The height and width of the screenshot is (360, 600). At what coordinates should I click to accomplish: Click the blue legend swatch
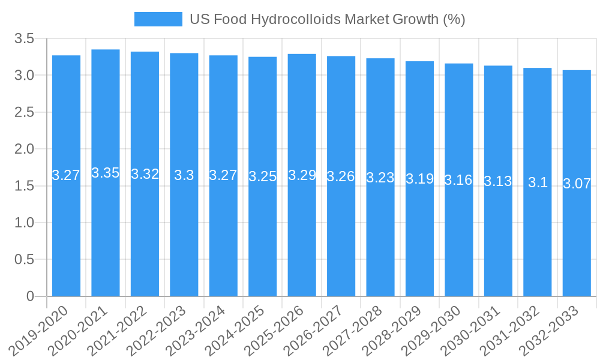[158, 19]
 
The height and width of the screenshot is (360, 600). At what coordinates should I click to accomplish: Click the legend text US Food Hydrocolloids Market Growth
[327, 19]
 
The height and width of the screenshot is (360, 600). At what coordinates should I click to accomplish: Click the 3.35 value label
[106, 173]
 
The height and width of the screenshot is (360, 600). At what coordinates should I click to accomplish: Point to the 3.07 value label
[577, 184]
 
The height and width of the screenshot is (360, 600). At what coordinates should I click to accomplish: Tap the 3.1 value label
[538, 183]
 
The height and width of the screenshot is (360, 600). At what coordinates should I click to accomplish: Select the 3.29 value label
[302, 175]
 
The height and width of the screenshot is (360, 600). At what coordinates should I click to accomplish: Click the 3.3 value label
[184, 175]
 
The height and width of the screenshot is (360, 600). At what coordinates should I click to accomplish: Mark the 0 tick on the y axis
[31, 296]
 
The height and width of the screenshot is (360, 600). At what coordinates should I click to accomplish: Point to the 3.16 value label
[458, 180]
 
